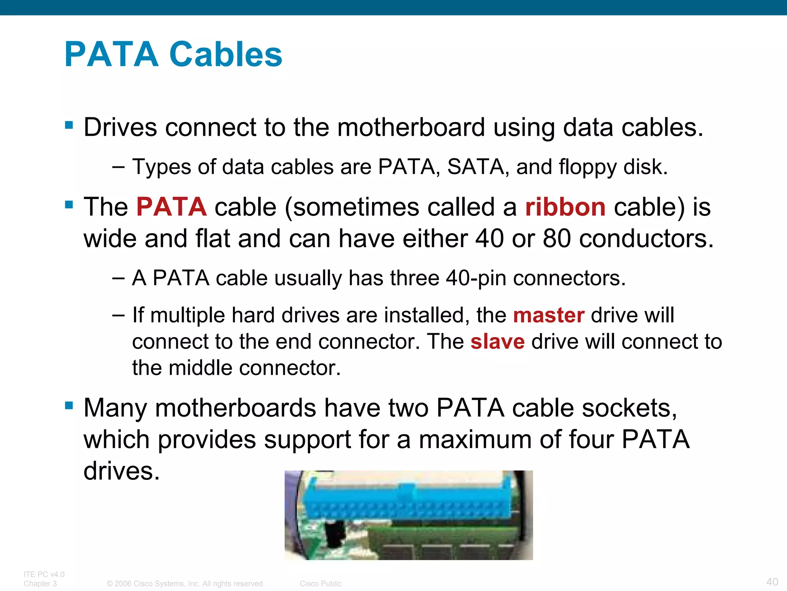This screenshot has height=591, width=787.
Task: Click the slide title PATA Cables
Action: coord(173,54)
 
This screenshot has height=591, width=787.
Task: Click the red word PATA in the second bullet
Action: coord(171,207)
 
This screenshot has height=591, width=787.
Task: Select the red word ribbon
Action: coord(565,207)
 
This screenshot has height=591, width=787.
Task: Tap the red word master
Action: coord(549,315)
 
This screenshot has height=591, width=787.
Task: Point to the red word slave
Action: coord(498,341)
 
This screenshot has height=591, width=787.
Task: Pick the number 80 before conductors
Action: coord(557,239)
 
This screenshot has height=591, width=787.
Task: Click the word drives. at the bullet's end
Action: coord(121,471)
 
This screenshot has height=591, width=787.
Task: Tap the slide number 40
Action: coord(772,582)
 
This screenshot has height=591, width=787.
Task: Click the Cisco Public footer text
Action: coord(320,584)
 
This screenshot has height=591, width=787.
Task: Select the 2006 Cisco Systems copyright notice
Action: coord(186,584)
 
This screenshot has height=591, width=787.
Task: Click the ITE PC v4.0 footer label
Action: coord(44,574)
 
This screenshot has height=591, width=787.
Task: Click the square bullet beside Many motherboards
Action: coord(69,405)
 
